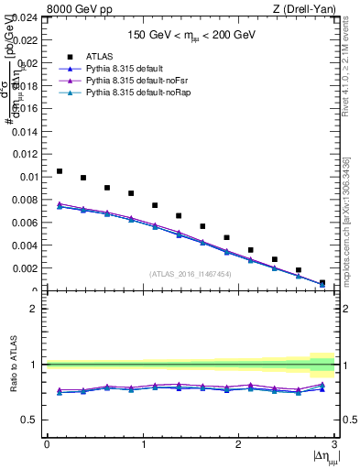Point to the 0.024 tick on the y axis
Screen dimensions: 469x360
(x=26, y=17)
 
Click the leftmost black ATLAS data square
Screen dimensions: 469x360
(x=60, y=171)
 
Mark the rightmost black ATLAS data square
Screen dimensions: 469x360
(x=322, y=283)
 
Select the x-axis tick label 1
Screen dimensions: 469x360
(x=143, y=443)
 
